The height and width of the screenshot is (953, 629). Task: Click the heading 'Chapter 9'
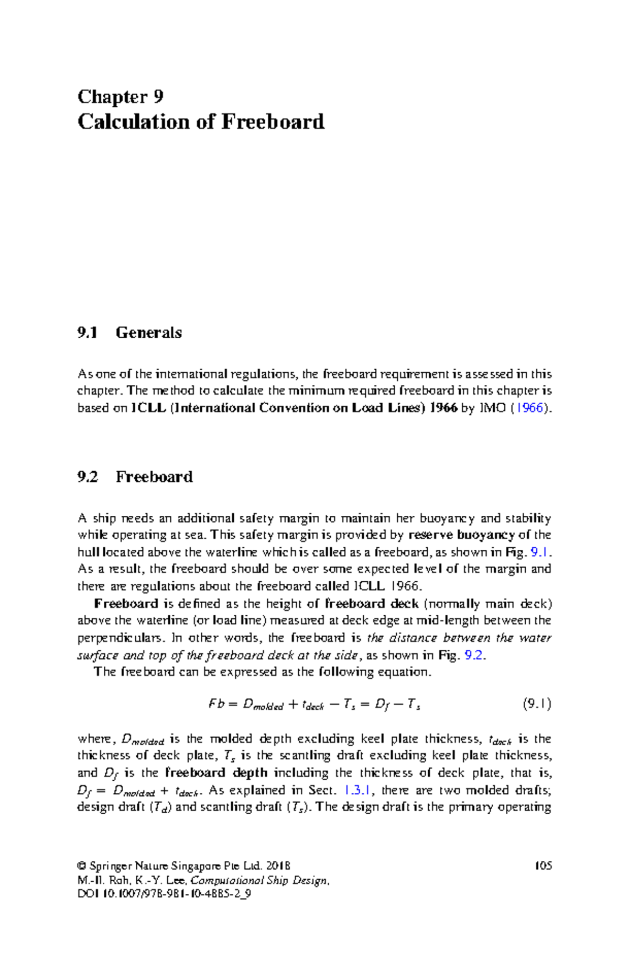(121, 97)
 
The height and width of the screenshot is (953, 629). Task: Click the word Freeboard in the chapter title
(273, 122)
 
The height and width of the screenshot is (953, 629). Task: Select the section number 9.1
(88, 333)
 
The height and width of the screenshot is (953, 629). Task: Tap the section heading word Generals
(149, 333)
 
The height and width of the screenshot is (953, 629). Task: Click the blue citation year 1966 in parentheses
(529, 408)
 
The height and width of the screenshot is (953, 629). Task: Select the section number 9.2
(88, 476)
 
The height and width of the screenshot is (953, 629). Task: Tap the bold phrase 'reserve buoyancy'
(461, 535)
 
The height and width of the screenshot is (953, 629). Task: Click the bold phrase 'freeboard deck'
(371, 603)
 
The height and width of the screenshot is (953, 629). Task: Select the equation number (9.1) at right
(537, 704)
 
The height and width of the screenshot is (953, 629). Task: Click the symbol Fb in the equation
(216, 704)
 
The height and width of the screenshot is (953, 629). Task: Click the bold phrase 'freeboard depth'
(216, 772)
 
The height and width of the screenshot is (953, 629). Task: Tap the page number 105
(543, 866)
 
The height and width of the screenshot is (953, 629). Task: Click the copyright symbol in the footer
(81, 866)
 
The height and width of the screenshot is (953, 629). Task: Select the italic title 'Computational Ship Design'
(259, 880)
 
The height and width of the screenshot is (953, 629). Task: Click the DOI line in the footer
(164, 894)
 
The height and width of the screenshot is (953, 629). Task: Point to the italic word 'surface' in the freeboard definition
(97, 655)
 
